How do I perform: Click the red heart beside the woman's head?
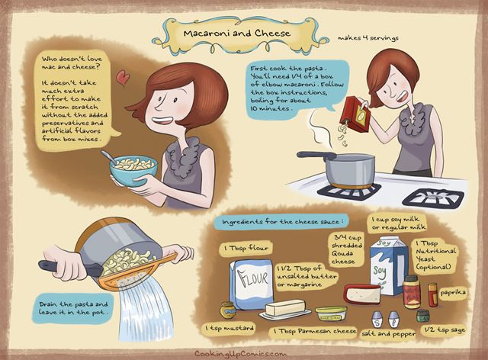tap(123, 77)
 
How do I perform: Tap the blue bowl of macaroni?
tap(133, 171)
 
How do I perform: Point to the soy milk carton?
tap(389, 265)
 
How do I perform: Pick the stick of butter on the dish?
tap(285, 307)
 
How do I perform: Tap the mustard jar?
tap(227, 310)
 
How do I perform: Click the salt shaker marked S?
tap(377, 320)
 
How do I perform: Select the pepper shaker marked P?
tap(393, 320)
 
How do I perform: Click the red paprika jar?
tap(432, 294)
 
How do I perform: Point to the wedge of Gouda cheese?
tap(363, 294)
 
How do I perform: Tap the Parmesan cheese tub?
tap(331, 313)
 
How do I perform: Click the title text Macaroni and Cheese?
tap(237, 34)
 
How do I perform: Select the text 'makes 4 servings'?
tap(368, 38)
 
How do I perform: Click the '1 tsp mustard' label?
tap(230, 328)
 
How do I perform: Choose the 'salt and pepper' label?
tap(389, 334)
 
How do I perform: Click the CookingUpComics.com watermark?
tap(240, 354)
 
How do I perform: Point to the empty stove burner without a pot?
tap(434, 197)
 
